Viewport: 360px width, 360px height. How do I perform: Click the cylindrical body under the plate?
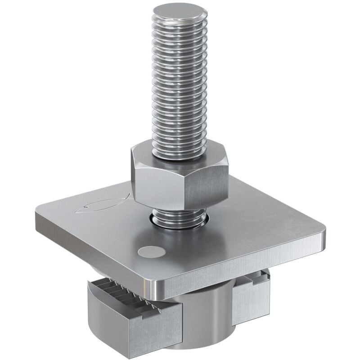[202, 315]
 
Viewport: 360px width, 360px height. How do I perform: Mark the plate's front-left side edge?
[90, 250]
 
